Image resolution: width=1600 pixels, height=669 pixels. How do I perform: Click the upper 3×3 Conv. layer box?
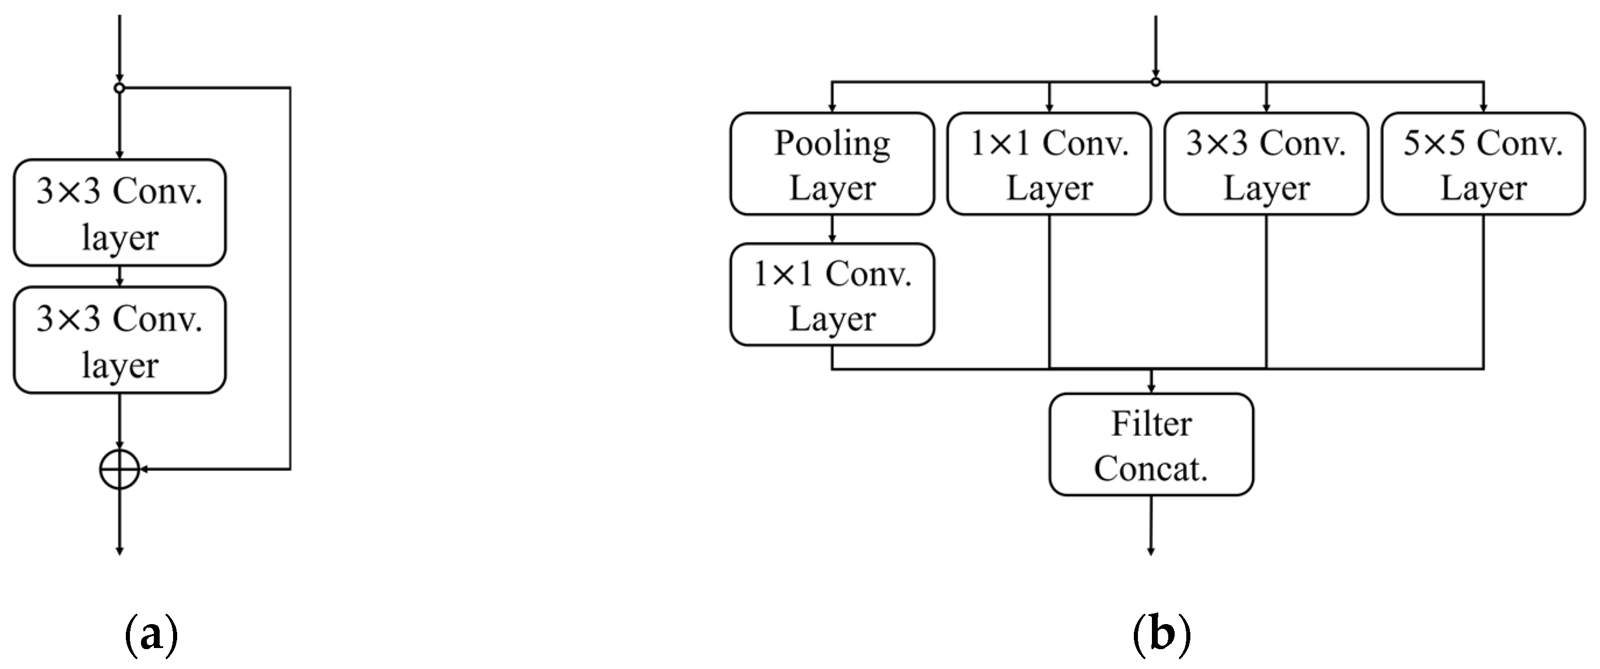(119, 213)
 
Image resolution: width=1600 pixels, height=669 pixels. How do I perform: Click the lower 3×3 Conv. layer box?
(119, 340)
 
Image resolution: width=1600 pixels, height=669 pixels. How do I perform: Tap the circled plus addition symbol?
(119, 469)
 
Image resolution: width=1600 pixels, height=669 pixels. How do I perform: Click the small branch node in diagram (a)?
(119, 88)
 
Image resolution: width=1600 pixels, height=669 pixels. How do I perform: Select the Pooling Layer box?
(831, 164)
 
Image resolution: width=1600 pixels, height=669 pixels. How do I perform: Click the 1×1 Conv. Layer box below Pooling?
(831, 294)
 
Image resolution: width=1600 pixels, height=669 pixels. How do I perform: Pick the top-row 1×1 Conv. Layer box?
(1048, 164)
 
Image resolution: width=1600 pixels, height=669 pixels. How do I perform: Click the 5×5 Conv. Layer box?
(1483, 164)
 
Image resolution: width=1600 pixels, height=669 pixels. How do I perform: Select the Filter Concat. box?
(1151, 444)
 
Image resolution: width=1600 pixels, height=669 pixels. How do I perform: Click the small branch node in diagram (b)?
(1155, 82)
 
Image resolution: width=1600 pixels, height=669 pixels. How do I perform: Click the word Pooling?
(831, 144)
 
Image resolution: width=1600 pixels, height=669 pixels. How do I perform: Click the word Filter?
(1151, 424)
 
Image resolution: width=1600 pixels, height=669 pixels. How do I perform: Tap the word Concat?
(1151, 469)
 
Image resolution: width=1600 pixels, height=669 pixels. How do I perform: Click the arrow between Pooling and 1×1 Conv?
(832, 229)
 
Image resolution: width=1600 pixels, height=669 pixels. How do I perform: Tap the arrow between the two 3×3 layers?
(120, 276)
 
